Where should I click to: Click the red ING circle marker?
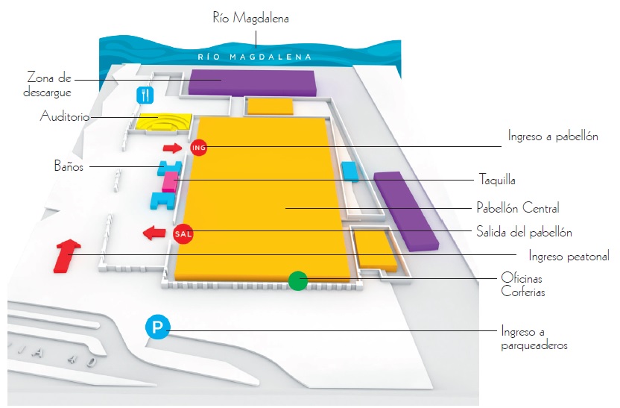point(198,148)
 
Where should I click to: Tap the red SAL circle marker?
point(183,234)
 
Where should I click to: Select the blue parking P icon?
point(158,327)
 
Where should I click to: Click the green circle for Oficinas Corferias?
point(297,280)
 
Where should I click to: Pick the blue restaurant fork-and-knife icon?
point(145,95)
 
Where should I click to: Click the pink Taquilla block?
point(170,182)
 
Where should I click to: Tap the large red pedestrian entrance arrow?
point(66,255)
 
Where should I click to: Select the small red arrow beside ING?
point(172,148)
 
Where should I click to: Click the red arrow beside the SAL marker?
point(155,233)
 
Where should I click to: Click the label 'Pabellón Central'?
point(517,208)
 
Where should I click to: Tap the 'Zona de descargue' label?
point(48,84)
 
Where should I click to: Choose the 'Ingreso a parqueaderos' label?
point(534,338)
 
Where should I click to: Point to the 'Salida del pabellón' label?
point(524,231)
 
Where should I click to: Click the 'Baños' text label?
point(69,166)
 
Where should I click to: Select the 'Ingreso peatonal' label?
point(569,256)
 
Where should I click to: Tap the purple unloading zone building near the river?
point(251,81)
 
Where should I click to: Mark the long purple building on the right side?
point(405,210)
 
